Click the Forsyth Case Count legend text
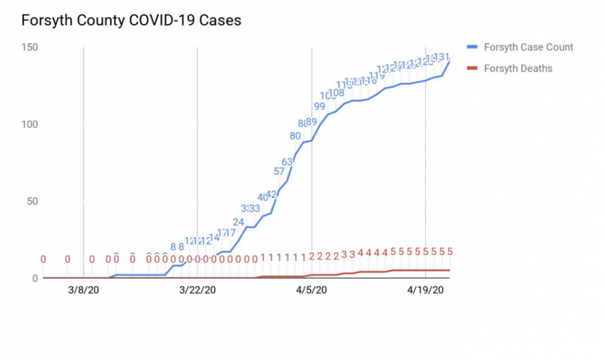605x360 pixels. pyautogui.click(x=528, y=47)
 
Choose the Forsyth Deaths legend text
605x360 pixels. pyautogui.click(x=518, y=68)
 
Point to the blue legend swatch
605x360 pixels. pyautogui.click(x=472, y=47)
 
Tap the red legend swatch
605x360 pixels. pyautogui.click(x=472, y=68)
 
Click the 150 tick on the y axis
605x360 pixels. pyautogui.click(x=29, y=47)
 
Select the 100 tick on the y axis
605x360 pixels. pyautogui.click(x=29, y=124)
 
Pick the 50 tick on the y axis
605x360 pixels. pyautogui.click(x=32, y=201)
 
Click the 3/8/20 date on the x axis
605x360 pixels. pyautogui.click(x=83, y=291)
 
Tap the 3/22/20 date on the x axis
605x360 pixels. pyautogui.click(x=198, y=291)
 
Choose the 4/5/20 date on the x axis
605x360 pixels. pyautogui.click(x=312, y=291)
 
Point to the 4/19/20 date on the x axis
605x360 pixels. pyautogui.click(x=426, y=291)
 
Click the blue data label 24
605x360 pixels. pyautogui.click(x=239, y=222)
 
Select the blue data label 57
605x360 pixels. pyautogui.click(x=279, y=171)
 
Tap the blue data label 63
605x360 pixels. pyautogui.click(x=287, y=161)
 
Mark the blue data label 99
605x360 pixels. pyautogui.click(x=320, y=106)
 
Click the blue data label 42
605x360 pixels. pyautogui.click(x=271, y=194)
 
